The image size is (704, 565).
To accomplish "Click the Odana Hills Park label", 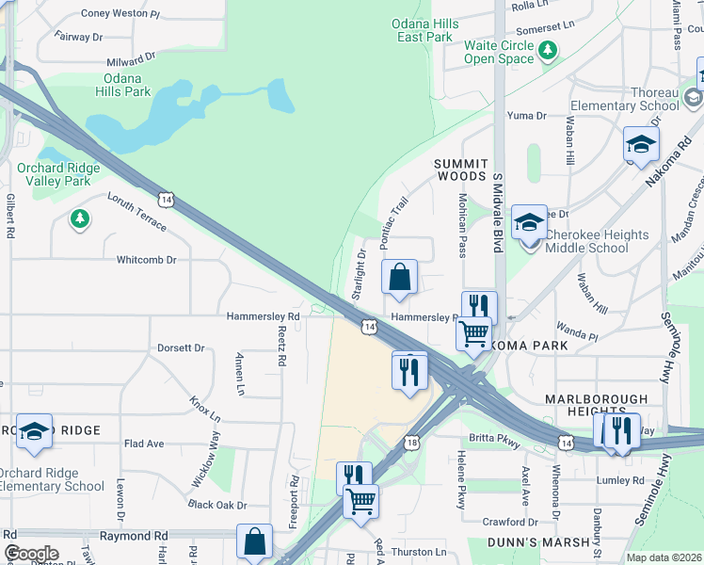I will tap(122, 85).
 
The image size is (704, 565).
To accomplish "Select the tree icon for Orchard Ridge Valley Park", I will tap(80, 218).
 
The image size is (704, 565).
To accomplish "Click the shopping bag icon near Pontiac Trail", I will tap(399, 277).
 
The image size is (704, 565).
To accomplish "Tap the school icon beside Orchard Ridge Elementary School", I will tap(34, 431).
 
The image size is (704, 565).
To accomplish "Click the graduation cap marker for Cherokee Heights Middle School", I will tap(529, 223).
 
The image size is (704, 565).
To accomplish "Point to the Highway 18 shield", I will tap(413, 442).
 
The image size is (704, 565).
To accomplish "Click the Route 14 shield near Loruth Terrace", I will tap(166, 200).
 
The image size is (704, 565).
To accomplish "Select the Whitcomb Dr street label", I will tap(146, 260).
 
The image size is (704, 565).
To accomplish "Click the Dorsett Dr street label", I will tap(181, 347).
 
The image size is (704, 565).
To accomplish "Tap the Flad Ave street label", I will tap(144, 444).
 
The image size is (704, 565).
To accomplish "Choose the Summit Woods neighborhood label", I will tap(459, 170).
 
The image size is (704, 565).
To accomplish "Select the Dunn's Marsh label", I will tap(537, 542).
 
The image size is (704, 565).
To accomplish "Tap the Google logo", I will tap(31, 553).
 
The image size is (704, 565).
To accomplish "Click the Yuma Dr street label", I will tap(527, 116).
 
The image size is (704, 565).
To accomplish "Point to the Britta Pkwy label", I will tap(494, 439).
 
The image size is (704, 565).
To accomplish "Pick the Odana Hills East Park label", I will tap(425, 29).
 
